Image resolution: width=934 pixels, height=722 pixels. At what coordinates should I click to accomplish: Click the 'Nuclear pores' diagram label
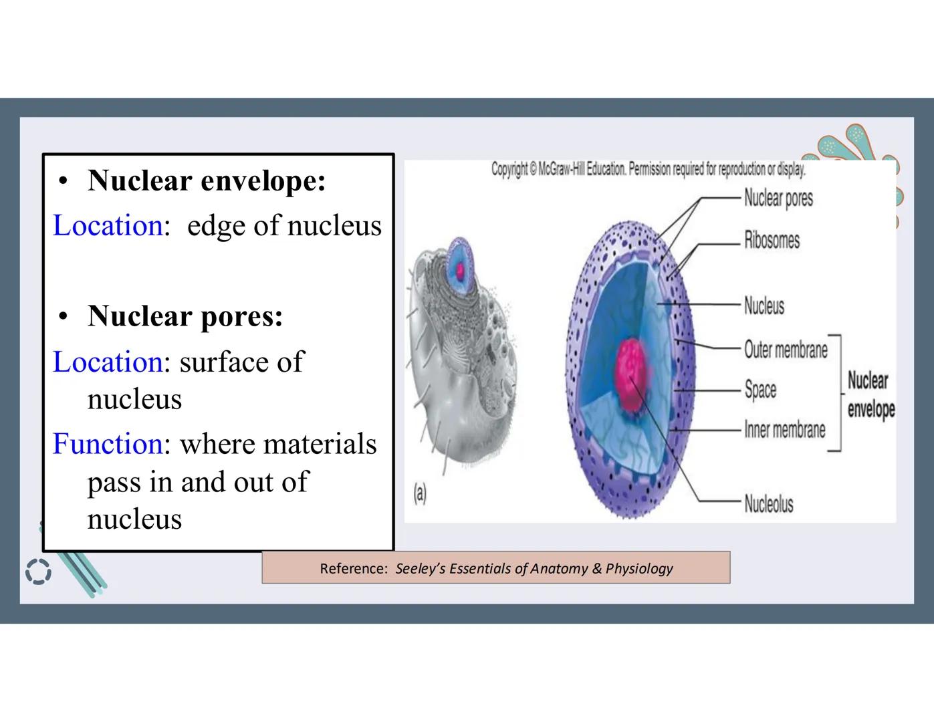pos(778,198)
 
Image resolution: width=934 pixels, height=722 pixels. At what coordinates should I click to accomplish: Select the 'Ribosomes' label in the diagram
pos(772,241)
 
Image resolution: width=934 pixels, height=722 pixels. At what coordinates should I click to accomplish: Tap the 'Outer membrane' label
pos(786,350)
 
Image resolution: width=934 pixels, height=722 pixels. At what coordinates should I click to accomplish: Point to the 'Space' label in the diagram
pos(760,389)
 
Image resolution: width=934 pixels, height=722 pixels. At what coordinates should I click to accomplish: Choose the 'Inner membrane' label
pos(784,430)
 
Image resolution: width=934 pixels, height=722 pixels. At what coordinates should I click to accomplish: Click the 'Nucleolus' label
pos(768,503)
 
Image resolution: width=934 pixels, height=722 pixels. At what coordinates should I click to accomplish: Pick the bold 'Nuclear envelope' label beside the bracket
pos(870,395)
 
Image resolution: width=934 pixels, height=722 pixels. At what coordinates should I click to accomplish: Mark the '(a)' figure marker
pos(420,493)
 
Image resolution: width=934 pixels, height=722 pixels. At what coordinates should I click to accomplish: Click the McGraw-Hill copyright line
pos(648,169)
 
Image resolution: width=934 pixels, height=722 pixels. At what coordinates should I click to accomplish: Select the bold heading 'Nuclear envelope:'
pos(207,180)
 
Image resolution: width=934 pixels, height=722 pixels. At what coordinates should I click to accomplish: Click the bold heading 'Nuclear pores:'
pos(185,316)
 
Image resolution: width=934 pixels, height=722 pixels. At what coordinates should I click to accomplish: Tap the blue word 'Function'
pos(108,444)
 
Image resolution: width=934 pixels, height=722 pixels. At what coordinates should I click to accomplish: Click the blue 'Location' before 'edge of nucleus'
pos(108,226)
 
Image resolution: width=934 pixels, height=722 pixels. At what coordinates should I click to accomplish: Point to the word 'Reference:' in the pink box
pos(353,569)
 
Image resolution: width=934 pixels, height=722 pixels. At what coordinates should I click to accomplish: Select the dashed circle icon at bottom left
pos(38,572)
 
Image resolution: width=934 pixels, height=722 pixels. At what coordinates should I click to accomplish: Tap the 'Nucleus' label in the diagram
pos(764,306)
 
